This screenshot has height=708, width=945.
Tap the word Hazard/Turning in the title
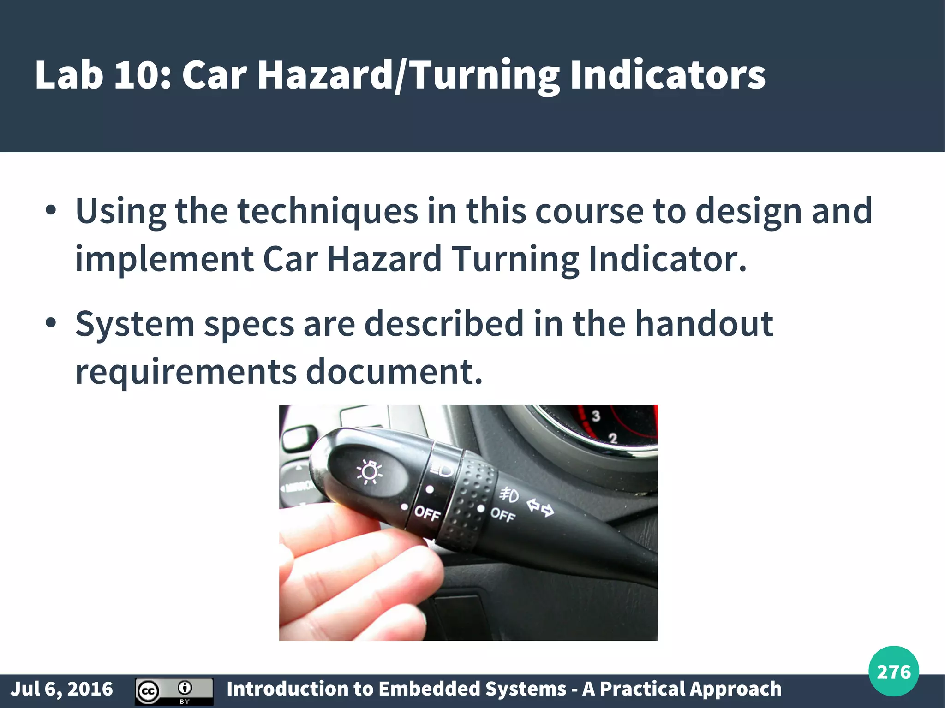coord(408,75)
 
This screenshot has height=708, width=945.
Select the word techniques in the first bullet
coord(328,211)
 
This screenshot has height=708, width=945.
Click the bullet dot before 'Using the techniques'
coord(51,211)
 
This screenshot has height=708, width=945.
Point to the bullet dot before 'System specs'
coord(51,323)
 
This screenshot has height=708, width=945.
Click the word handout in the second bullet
coord(704,323)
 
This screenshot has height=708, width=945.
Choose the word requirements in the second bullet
coord(185,371)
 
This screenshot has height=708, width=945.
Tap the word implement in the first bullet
coord(164,259)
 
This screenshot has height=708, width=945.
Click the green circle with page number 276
coord(893,672)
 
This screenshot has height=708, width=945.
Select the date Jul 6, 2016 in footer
coord(62,689)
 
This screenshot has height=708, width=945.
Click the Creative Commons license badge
coord(174,691)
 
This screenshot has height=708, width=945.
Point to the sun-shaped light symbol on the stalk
coord(369,472)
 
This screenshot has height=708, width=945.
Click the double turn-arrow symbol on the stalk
coord(541,507)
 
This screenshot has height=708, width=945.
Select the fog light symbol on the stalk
coord(509,495)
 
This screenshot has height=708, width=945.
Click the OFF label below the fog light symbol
coord(502,514)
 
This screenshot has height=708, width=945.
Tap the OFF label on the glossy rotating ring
coord(427,513)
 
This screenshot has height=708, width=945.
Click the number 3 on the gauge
coord(596,416)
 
